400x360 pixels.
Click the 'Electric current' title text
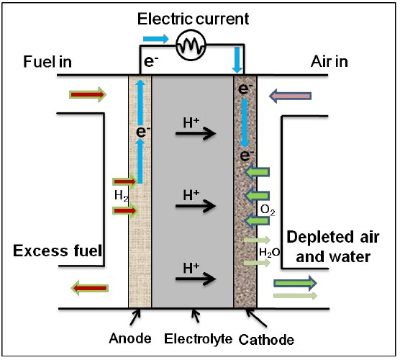click(x=193, y=19)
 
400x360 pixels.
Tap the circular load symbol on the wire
click(x=191, y=45)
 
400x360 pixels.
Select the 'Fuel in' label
click(x=47, y=62)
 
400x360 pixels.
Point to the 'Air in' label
click(x=329, y=62)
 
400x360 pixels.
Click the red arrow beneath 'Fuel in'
click(x=88, y=95)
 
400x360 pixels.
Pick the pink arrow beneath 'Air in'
click(x=291, y=96)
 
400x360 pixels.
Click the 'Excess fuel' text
click(x=58, y=251)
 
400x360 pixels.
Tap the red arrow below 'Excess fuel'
click(x=89, y=288)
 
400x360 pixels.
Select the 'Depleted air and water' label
click(x=333, y=247)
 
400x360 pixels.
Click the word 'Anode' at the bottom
click(x=130, y=338)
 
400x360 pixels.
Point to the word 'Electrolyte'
click(x=198, y=339)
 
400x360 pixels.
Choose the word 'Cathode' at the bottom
click(x=266, y=340)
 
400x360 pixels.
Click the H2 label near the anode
click(x=122, y=196)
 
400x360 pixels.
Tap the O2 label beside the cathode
click(x=268, y=210)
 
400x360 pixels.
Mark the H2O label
click(x=269, y=253)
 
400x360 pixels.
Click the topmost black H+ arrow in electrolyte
click(x=196, y=133)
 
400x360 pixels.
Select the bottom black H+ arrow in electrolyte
click(x=196, y=279)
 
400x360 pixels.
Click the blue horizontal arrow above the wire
click(x=156, y=39)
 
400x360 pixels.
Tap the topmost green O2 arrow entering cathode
click(x=257, y=172)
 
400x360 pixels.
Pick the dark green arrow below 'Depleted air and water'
click(x=295, y=283)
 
